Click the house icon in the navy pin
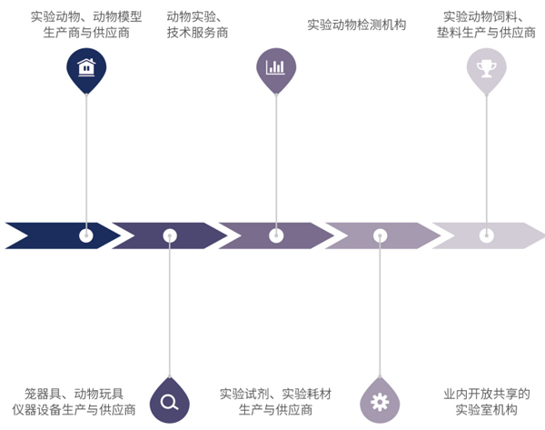click(86, 66)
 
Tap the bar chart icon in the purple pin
click(275, 66)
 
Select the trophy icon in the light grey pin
click(486, 66)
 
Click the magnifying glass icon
click(169, 402)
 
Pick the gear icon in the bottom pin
click(380, 402)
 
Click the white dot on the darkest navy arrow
click(86, 235)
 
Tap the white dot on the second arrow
click(170, 235)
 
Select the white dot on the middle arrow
click(275, 235)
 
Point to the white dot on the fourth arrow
click(380, 235)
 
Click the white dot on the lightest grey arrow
click(486, 235)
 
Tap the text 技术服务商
click(197, 33)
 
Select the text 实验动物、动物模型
click(86, 16)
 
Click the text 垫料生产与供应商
click(486, 33)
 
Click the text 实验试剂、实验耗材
click(276, 394)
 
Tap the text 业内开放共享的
click(486, 394)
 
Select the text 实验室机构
click(486, 410)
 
